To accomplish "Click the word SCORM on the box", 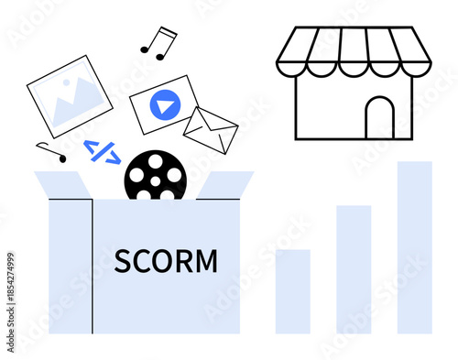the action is pos(167,261).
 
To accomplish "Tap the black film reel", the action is pos(156,175).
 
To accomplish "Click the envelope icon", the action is pos(211,130).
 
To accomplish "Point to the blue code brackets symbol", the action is pos(102,151).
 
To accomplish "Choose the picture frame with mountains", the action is pos(70,101).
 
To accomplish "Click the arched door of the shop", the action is pos(379,118).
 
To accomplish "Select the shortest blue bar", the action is pos(293,290).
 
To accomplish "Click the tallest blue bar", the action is pos(414,247).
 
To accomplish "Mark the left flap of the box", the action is pos(63,184).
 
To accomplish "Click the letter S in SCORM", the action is pos(123,261).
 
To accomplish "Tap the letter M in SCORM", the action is pos(208,261).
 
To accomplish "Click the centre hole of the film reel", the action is pos(156,176).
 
